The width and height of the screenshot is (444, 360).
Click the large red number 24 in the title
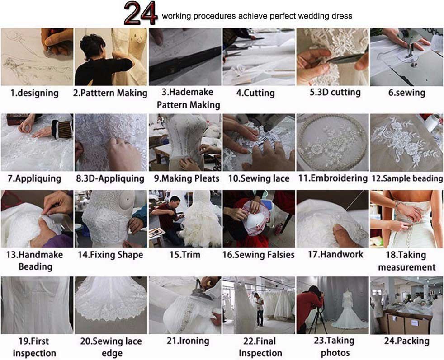(141, 13)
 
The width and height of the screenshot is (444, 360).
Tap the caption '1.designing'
(34, 93)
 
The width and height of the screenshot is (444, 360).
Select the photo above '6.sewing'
(406, 57)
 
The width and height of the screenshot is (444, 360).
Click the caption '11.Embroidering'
(333, 178)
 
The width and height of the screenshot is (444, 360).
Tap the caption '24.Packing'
(406, 341)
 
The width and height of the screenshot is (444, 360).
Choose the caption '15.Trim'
(184, 254)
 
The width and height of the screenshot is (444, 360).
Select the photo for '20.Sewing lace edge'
(111, 305)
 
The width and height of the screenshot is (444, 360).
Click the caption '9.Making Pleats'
(187, 178)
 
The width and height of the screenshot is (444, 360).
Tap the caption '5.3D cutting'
(335, 92)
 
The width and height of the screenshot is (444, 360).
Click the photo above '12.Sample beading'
(406, 142)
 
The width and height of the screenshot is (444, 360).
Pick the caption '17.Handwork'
(335, 254)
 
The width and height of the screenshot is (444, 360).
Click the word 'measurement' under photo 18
(407, 267)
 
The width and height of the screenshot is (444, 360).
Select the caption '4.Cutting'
(255, 93)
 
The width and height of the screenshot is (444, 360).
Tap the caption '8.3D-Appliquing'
(110, 178)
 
